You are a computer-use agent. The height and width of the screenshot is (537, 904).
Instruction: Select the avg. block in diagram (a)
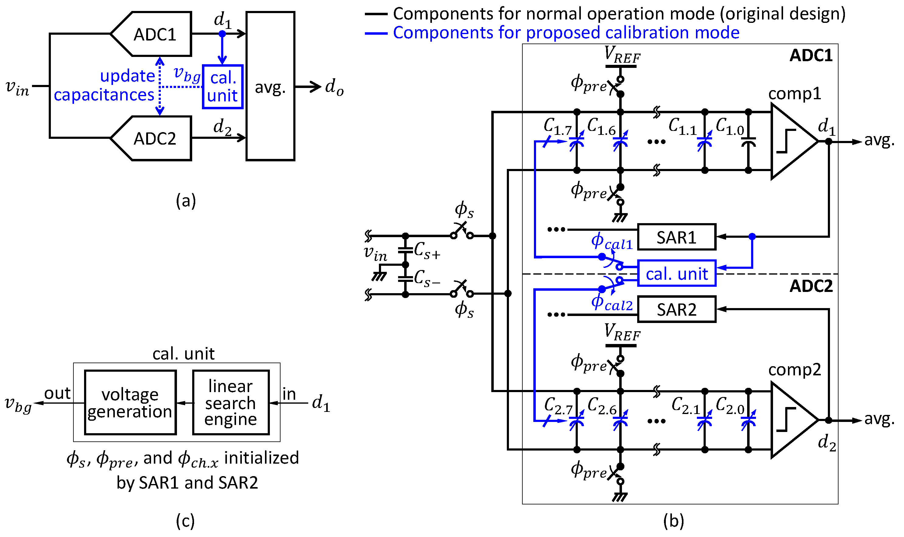coord(270,86)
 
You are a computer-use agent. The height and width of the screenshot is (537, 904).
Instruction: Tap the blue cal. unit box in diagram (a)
coord(222,87)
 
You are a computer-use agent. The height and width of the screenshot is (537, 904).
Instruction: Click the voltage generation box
coord(130,402)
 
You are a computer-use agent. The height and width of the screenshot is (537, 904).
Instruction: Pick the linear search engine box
coord(231,402)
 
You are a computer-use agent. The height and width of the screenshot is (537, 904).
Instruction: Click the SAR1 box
coord(676,237)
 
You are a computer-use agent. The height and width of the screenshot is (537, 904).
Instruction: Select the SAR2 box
coord(676,309)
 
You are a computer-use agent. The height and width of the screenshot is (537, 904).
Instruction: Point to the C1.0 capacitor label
coord(729,127)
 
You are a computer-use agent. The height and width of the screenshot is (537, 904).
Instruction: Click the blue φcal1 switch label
coord(612,242)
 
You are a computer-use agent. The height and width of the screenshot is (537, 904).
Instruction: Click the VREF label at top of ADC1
coord(622,55)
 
